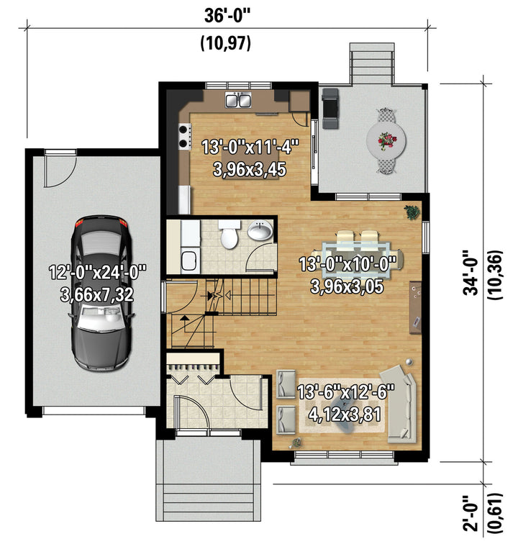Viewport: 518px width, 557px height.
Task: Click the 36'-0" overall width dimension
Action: click(227, 16)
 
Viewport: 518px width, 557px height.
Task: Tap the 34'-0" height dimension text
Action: click(471, 273)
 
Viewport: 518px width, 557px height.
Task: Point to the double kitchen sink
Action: click(239, 99)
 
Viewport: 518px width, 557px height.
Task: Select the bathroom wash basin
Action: click(260, 230)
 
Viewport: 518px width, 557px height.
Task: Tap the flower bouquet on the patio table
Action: click(386, 140)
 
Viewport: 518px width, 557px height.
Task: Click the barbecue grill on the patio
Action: click(330, 108)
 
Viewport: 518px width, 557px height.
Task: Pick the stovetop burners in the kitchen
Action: click(183, 137)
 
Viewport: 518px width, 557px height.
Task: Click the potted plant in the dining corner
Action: click(412, 212)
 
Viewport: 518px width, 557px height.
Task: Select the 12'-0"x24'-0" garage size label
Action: click(97, 273)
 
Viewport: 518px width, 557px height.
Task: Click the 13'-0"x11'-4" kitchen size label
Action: click(250, 147)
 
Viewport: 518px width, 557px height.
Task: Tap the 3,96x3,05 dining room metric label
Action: click(347, 286)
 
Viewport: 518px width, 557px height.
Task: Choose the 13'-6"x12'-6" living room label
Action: click(346, 392)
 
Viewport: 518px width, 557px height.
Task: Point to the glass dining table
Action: click(356, 255)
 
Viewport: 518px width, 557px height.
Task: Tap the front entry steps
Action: click(209, 502)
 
